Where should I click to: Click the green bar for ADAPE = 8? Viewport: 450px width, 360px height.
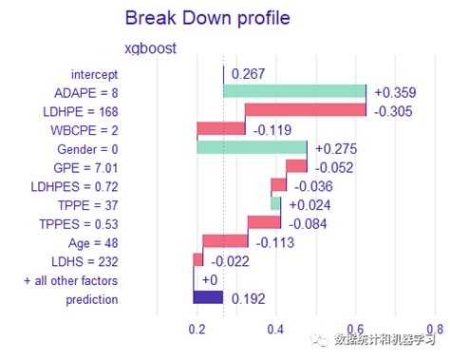click(294, 91)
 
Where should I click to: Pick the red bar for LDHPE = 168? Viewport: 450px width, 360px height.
click(305, 110)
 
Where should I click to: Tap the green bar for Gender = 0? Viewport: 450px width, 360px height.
click(252, 147)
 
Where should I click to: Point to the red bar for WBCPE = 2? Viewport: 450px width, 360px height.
click(220, 129)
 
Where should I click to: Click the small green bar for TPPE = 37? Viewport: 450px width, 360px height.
click(276, 203)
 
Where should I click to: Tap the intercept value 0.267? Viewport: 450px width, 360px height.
click(248, 73)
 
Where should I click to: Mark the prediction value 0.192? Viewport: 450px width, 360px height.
click(248, 298)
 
